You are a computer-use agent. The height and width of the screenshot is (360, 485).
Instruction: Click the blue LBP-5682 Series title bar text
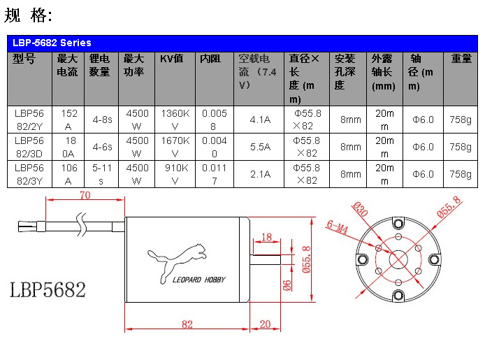(52, 43)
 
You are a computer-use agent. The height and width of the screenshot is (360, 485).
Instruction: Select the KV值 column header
(172, 59)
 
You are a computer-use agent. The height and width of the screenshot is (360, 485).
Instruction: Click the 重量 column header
(461, 59)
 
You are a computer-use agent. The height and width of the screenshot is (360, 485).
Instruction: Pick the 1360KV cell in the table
(175, 120)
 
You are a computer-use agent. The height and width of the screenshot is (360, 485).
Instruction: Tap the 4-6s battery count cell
(102, 147)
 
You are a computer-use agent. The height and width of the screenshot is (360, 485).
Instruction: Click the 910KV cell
(176, 174)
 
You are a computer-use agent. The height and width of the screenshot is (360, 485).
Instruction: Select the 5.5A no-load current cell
(260, 147)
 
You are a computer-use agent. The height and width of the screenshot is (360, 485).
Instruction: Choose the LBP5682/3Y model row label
(29, 174)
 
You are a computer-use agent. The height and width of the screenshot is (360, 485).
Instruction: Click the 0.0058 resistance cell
(214, 120)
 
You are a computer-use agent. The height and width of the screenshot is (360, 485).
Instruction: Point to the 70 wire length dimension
(85, 195)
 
